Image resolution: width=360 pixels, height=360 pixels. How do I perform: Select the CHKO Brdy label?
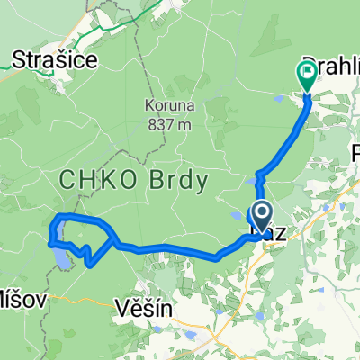(x=133, y=181)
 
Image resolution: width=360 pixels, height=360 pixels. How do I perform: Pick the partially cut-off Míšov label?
(x=17, y=297)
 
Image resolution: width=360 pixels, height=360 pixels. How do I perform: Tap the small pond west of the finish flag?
(x=249, y=184)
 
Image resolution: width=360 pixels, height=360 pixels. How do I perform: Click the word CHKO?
(x=89, y=181)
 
